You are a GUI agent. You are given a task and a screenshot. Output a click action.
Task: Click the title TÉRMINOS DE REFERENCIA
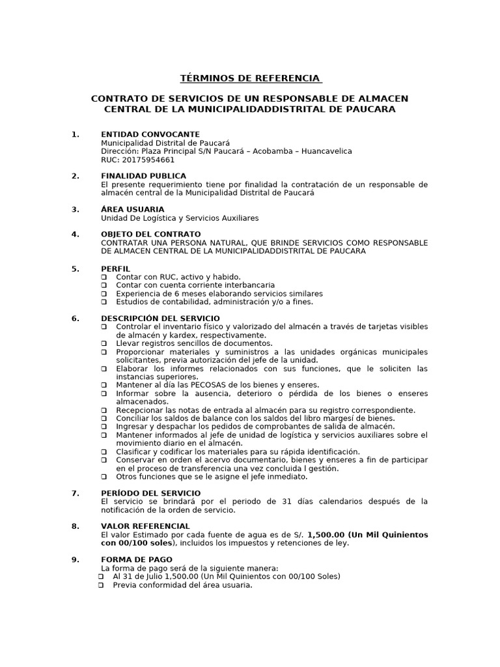coord(251,78)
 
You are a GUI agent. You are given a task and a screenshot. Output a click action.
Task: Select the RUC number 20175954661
coord(147,160)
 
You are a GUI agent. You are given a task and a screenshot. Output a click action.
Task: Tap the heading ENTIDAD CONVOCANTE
coord(150,134)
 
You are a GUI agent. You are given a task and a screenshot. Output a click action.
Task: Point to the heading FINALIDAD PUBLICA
coord(143,176)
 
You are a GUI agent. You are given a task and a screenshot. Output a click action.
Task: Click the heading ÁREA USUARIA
coord(132,209)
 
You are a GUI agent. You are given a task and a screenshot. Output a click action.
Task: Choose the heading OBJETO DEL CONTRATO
coord(150,234)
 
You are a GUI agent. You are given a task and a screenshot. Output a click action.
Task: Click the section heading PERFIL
coord(115,268)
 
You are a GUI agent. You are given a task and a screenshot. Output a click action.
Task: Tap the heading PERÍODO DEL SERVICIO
coord(150,493)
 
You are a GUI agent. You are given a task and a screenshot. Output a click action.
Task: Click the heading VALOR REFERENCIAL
coord(145,526)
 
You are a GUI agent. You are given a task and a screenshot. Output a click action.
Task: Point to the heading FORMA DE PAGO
coord(136,560)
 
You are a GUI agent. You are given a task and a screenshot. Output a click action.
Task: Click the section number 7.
coord(76,493)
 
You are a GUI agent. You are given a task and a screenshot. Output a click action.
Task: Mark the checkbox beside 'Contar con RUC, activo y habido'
coord(104,277)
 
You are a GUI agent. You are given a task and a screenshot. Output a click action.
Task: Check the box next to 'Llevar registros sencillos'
coord(104,343)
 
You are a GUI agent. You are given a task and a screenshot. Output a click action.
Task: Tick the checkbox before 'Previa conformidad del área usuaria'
coord(101,585)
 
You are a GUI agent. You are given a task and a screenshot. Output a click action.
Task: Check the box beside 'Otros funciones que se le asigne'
coord(104,477)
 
